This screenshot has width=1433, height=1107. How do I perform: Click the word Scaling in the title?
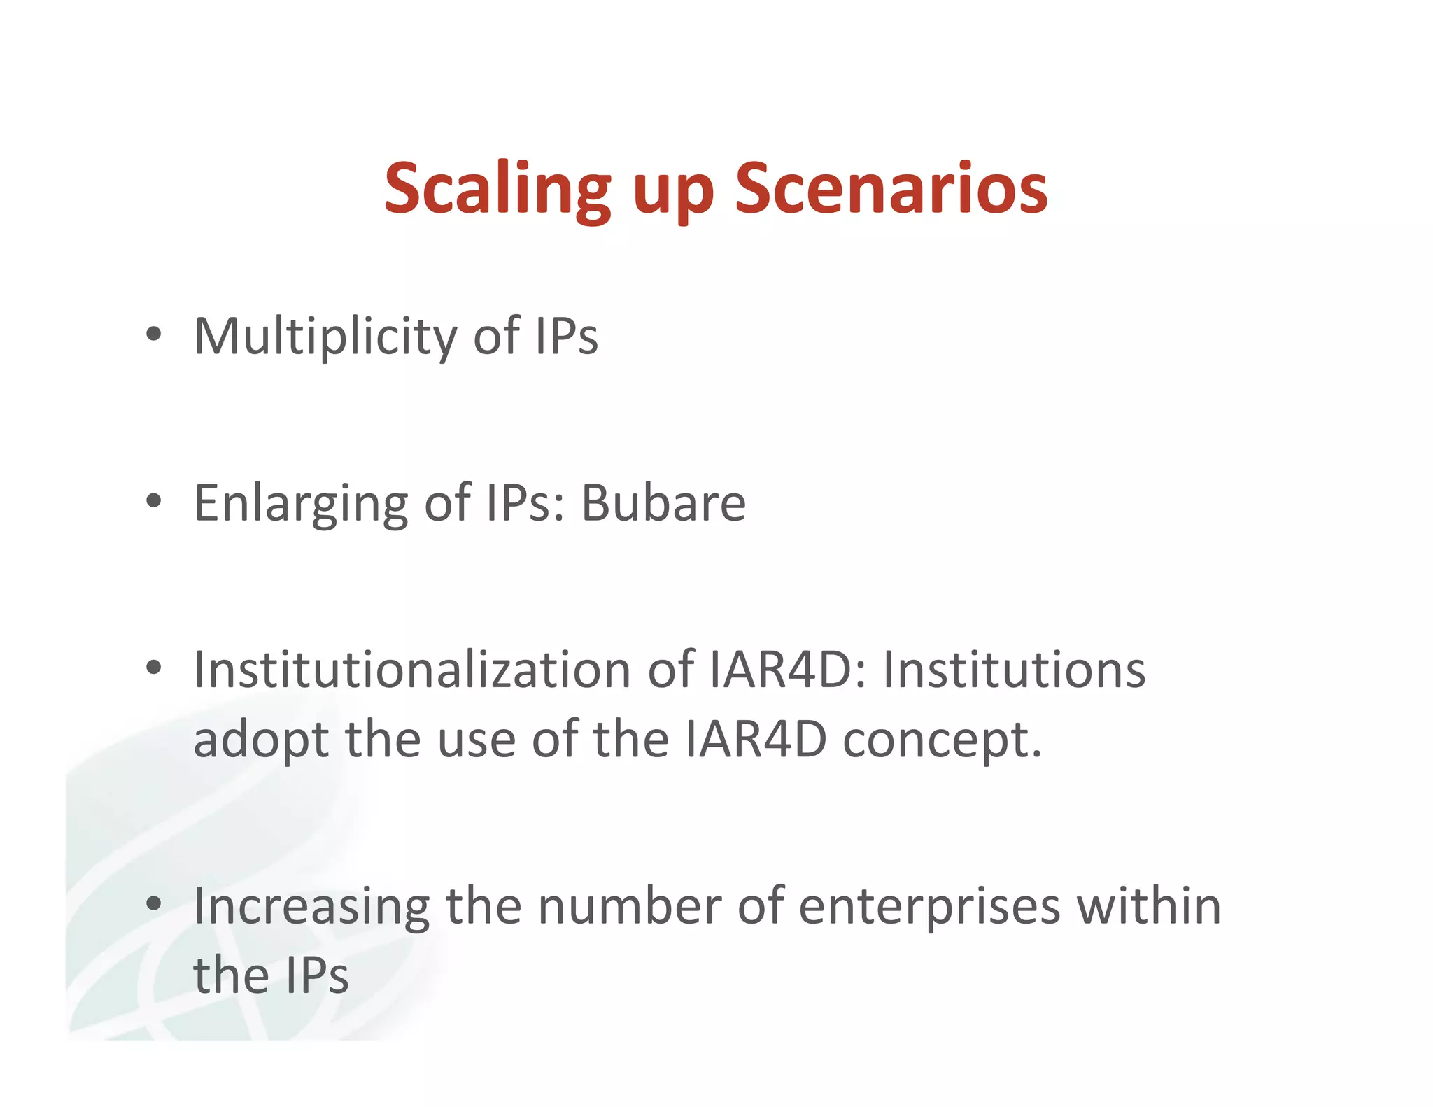pyautogui.click(x=497, y=189)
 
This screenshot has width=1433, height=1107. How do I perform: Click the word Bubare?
pyautogui.click(x=663, y=503)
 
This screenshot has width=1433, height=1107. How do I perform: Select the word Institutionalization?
pyautogui.click(x=412, y=670)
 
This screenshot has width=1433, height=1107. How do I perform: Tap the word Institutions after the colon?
pyautogui.click(x=1014, y=670)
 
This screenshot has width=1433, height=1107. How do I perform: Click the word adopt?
pyautogui.click(x=261, y=741)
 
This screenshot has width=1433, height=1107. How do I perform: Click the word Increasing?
pyautogui.click(x=311, y=907)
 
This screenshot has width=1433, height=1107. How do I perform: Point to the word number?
pyautogui.click(x=629, y=906)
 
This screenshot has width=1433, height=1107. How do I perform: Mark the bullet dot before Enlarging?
pyautogui.click(x=154, y=501)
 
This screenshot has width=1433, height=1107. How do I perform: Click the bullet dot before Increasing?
pyautogui.click(x=154, y=904)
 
